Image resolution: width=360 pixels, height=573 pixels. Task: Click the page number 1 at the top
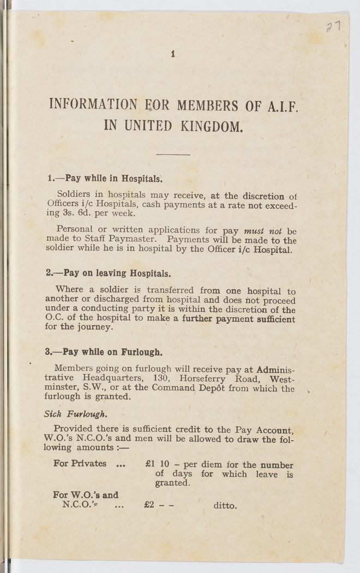(173, 53)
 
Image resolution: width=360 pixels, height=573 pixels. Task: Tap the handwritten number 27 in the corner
(334, 27)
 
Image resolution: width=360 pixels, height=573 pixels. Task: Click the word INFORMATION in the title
(93, 104)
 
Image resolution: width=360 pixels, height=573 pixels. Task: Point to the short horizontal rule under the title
(173, 155)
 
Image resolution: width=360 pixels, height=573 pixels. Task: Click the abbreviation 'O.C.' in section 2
(55, 319)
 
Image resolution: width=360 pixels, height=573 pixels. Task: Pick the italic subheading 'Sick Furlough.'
(72, 414)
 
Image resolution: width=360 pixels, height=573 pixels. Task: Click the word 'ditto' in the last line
(225, 506)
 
